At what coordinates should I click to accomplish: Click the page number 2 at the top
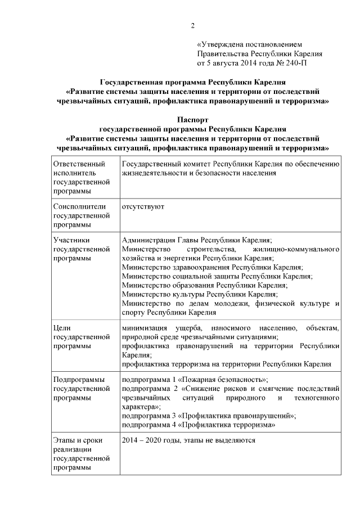192,26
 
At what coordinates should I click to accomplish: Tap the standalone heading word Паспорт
192,119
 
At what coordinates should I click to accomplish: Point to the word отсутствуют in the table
143,206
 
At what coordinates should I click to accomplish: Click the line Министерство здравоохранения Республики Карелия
212,267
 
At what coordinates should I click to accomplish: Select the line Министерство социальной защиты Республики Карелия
217,276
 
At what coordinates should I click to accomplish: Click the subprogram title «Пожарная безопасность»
227,380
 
